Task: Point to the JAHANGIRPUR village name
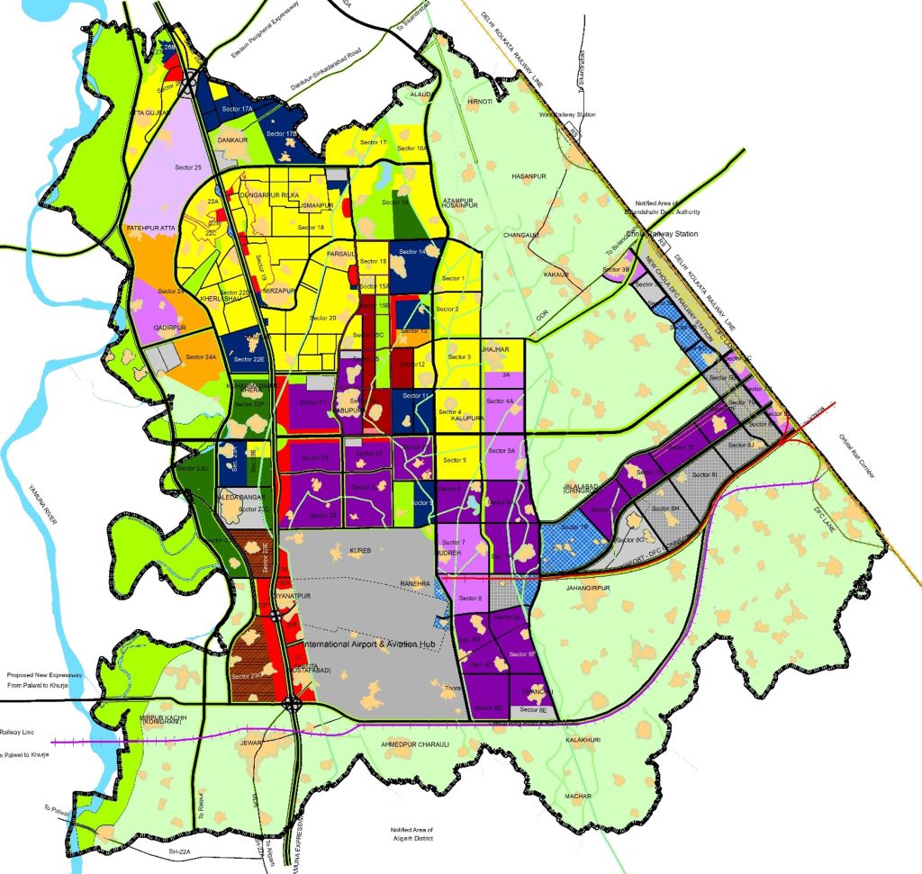(x=589, y=588)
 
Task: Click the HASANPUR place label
(x=529, y=175)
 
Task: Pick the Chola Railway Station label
(x=664, y=235)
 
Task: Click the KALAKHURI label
(x=583, y=740)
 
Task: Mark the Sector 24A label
(x=201, y=357)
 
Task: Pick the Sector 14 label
(x=411, y=251)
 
